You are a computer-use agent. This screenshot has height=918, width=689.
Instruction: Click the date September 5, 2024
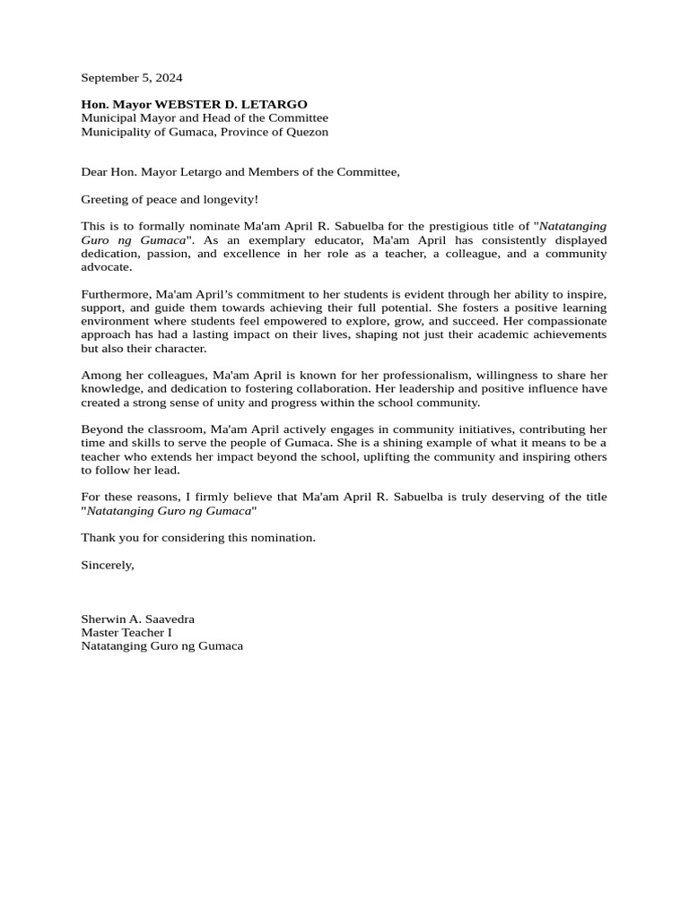coord(131,78)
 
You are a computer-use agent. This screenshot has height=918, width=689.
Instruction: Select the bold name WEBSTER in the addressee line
coord(191,105)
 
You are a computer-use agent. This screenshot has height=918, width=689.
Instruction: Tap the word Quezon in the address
coord(307,132)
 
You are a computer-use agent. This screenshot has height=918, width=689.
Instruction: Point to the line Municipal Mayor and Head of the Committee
coord(205,118)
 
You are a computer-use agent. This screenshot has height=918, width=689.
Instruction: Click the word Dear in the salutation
coord(94,172)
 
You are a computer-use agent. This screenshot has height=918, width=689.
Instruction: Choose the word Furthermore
coord(116,295)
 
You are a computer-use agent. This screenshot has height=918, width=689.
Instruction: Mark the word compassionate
coord(563,321)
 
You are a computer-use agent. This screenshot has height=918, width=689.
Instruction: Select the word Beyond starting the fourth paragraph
coord(100,429)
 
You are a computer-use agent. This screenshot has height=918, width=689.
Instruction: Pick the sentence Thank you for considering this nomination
coord(198,538)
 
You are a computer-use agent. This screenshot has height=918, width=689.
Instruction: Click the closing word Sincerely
coord(107,565)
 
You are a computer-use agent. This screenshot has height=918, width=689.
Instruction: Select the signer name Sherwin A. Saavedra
coord(137,619)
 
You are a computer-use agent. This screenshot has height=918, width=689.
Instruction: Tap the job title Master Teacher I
coord(126,633)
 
